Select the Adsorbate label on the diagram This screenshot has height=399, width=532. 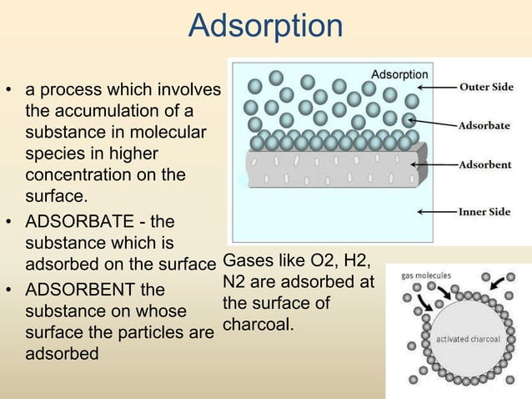[484, 126]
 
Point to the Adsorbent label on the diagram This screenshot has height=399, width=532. [484, 164]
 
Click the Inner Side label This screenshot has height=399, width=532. [484, 212]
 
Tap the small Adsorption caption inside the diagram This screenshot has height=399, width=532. [399, 75]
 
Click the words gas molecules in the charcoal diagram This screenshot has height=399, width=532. [426, 275]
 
